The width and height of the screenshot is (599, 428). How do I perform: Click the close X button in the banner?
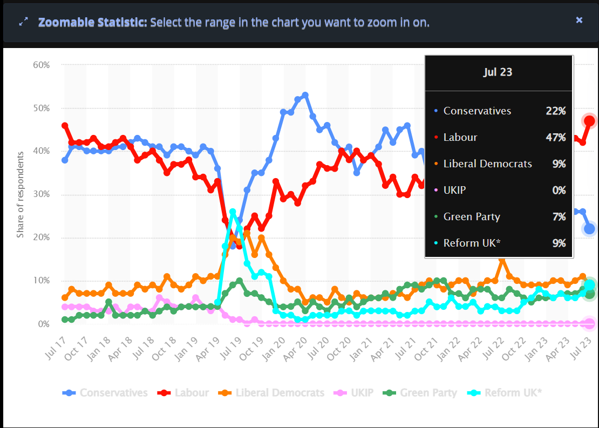click(579, 20)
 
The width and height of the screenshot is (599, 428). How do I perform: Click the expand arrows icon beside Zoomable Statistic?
click(23, 22)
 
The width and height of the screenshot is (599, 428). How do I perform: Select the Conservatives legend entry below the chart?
click(105, 392)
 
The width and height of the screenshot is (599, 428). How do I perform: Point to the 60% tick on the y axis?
click(41, 65)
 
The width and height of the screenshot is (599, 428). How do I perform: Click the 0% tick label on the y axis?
click(44, 324)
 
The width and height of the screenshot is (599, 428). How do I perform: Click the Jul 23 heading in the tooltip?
click(498, 72)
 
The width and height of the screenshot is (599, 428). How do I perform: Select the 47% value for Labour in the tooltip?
click(555, 137)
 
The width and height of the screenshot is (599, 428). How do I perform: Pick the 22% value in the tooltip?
click(555, 111)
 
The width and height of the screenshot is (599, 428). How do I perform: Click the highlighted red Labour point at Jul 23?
click(589, 121)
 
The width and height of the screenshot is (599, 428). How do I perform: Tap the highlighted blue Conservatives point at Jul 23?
click(589, 229)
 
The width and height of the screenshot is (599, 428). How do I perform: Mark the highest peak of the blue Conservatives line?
click(305, 96)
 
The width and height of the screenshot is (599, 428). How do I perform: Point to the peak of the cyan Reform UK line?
click(233, 212)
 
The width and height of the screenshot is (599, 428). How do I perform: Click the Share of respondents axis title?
click(21, 194)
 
